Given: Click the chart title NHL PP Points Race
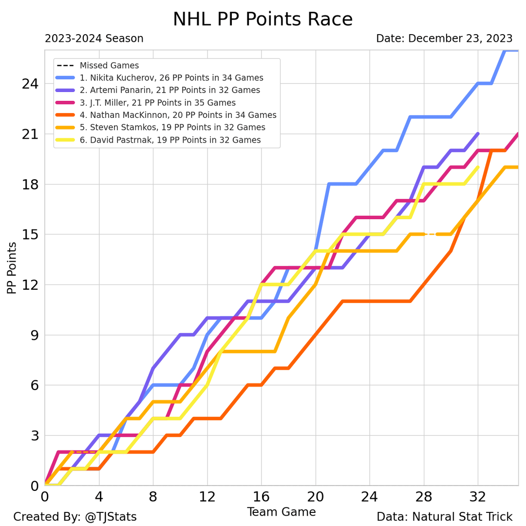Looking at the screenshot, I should [263, 19].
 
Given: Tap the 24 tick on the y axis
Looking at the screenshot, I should [30, 84].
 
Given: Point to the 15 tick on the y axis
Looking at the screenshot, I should [30, 235].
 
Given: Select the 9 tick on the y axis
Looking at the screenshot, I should [34, 335].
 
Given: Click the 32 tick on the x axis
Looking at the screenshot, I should [478, 498].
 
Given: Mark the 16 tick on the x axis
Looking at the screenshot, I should [262, 498].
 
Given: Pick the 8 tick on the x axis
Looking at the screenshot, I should [153, 498].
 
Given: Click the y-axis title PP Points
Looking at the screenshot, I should [12, 268].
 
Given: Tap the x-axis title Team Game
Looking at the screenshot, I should [281, 512].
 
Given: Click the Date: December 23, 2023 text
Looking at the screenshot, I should [444, 38].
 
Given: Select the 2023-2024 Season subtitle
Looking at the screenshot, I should [94, 38].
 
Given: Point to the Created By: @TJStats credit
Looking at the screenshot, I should [75, 517].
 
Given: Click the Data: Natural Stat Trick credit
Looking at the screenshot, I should [444, 517].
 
